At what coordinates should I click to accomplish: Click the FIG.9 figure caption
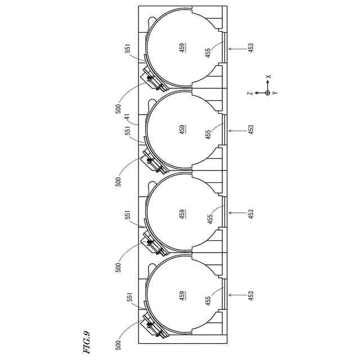[x=87, y=341]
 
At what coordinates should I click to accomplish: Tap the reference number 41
[x=127, y=118]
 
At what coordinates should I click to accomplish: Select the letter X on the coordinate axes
[x=268, y=76]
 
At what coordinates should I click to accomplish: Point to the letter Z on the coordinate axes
[x=250, y=93]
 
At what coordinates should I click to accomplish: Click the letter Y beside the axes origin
[x=275, y=93]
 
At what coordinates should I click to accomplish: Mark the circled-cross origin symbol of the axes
[x=268, y=93]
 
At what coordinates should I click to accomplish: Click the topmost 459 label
[x=182, y=48]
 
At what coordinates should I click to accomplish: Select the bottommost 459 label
[x=182, y=296]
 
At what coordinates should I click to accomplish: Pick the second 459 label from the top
[x=182, y=130]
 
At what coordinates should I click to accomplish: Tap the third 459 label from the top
[x=182, y=214]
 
